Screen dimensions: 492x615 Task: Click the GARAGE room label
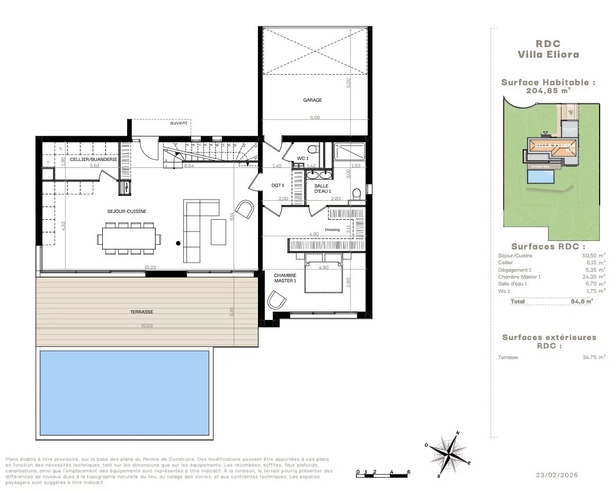point(312,100)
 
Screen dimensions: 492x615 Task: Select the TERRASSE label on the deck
point(141,312)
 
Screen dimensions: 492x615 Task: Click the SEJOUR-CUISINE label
point(127,211)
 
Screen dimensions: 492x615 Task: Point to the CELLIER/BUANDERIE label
point(93,159)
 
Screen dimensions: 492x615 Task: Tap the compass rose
point(449,454)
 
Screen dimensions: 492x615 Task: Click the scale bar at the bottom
point(383,475)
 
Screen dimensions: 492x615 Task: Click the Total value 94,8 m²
point(581,301)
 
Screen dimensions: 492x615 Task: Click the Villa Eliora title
point(548,54)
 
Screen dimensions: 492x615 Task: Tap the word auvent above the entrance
point(178,123)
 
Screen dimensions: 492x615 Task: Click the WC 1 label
point(302,158)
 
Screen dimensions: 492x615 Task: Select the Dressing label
point(332,230)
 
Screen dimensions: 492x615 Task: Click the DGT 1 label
point(278,185)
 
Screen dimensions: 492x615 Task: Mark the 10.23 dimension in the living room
point(149,267)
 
